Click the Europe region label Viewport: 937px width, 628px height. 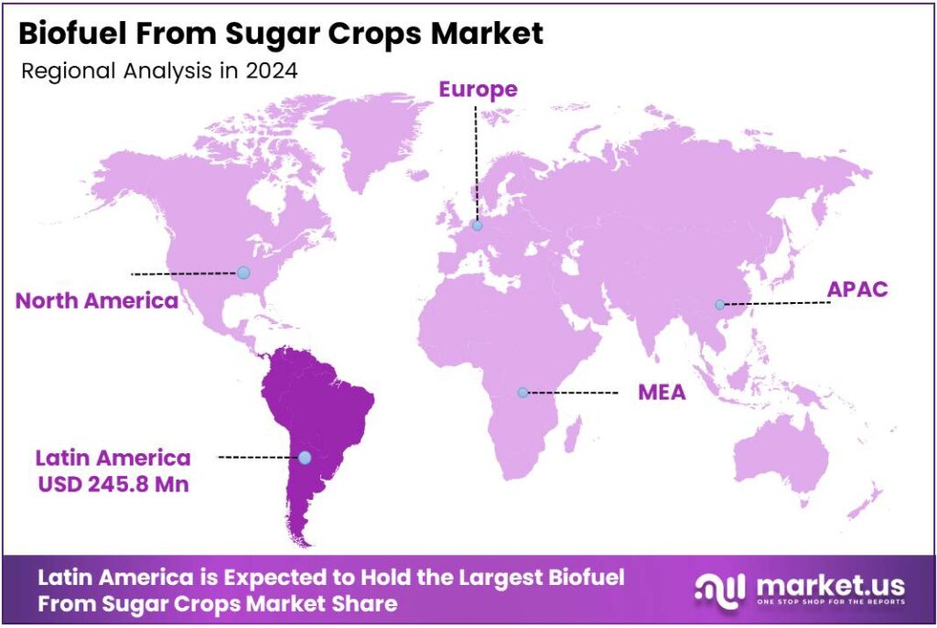(478, 90)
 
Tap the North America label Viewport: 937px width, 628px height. (96, 301)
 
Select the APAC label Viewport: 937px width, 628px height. (857, 290)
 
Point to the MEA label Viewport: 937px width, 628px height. (662, 394)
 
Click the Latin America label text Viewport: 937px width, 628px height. (113, 458)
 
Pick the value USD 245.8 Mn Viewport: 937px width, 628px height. (113, 484)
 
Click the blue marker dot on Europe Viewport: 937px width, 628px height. (477, 225)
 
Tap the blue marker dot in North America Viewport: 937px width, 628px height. (242, 272)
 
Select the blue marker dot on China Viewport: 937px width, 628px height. (720, 305)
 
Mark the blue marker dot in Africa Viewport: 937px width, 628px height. (522, 393)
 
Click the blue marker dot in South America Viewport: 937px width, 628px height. (305, 457)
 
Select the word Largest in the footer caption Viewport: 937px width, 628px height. (434, 578)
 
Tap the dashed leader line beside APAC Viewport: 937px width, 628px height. (778, 303)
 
